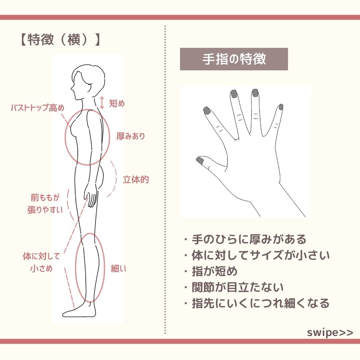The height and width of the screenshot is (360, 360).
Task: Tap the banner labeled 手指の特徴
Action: click(x=234, y=59)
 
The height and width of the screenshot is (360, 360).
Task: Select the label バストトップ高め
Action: click(x=37, y=108)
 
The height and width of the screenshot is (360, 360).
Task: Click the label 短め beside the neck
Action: click(x=117, y=104)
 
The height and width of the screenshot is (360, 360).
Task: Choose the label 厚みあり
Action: click(x=131, y=136)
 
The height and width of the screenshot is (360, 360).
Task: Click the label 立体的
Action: click(x=136, y=180)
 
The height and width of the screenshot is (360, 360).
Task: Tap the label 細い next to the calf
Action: click(x=118, y=269)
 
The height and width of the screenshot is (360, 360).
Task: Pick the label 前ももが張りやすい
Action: click(x=45, y=204)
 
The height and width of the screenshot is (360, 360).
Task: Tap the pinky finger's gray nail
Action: click(x=281, y=107)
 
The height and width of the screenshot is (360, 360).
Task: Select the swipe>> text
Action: click(x=330, y=333)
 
